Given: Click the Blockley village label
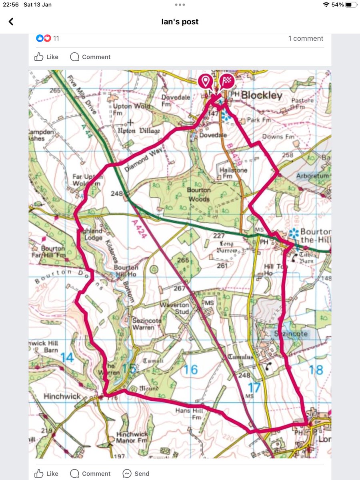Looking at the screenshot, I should click(x=261, y=96).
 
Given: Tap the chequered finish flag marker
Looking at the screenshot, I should click(x=226, y=81).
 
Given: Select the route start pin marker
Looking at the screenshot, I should click(x=206, y=81).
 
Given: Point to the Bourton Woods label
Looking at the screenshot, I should click(x=198, y=194).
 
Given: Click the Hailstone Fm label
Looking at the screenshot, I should click(x=234, y=173).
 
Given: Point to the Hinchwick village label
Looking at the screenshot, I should click(x=62, y=396).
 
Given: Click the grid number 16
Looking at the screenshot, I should click(x=191, y=370).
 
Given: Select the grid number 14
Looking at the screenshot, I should click(x=67, y=357).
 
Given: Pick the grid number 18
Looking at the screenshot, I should click(x=316, y=370).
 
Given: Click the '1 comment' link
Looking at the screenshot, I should click(x=306, y=38).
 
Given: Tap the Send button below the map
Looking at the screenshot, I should click(x=136, y=474).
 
